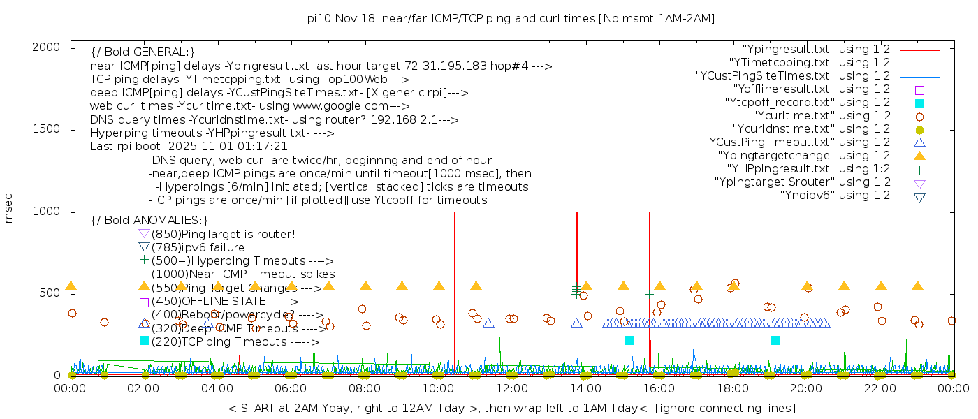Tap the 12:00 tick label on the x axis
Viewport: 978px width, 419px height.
pyautogui.click(x=512, y=389)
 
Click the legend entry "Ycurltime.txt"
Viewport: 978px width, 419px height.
pyautogui.click(x=821, y=116)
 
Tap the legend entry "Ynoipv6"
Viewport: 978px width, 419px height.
pyautogui.click(x=835, y=196)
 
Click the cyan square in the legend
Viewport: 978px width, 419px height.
pyautogui.click(x=919, y=103)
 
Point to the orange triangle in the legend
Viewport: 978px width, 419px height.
pyautogui.click(x=919, y=156)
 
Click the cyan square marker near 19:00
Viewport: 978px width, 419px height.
pyautogui.click(x=775, y=340)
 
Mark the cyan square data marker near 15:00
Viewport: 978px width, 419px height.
pyautogui.click(x=629, y=340)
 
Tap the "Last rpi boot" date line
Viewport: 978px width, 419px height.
pyautogui.click(x=189, y=147)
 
